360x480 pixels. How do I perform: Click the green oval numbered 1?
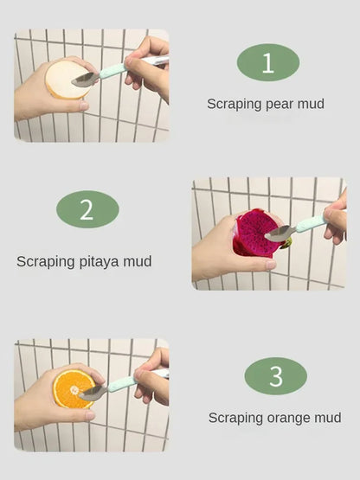(267, 62)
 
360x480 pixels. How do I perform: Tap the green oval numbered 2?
(87, 210)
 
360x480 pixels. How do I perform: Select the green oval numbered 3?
(275, 376)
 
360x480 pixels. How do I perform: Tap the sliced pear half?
(65, 80)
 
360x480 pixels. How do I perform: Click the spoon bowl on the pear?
(85, 80)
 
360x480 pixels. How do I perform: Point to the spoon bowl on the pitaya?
(279, 233)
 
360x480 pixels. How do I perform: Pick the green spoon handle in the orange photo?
(121, 383)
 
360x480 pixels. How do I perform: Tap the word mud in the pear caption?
(310, 104)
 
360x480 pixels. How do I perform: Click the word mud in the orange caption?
(327, 418)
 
